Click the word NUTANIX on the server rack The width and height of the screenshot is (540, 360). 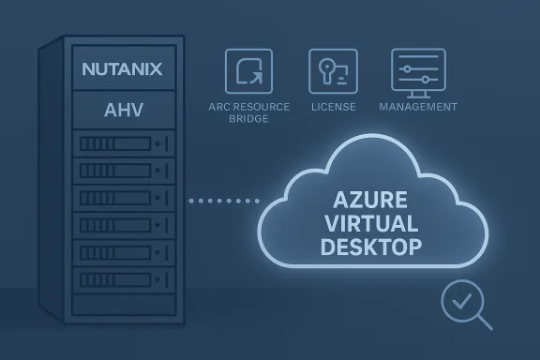point(123,68)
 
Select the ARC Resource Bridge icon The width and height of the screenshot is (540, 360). point(248,72)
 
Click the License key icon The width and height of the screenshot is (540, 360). point(332,72)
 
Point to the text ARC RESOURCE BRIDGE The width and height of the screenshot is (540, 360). point(248,112)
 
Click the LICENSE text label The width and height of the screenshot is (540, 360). point(332,107)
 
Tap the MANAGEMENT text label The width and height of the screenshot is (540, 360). point(418,107)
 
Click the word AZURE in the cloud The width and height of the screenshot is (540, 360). point(370,201)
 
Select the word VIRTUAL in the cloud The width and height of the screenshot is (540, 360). point(370,224)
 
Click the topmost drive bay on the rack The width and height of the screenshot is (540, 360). point(123,144)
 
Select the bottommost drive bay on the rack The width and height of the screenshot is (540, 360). point(123,280)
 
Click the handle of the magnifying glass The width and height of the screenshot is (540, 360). point(483,323)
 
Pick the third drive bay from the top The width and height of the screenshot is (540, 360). point(123,199)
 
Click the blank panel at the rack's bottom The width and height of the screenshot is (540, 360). point(123,306)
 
